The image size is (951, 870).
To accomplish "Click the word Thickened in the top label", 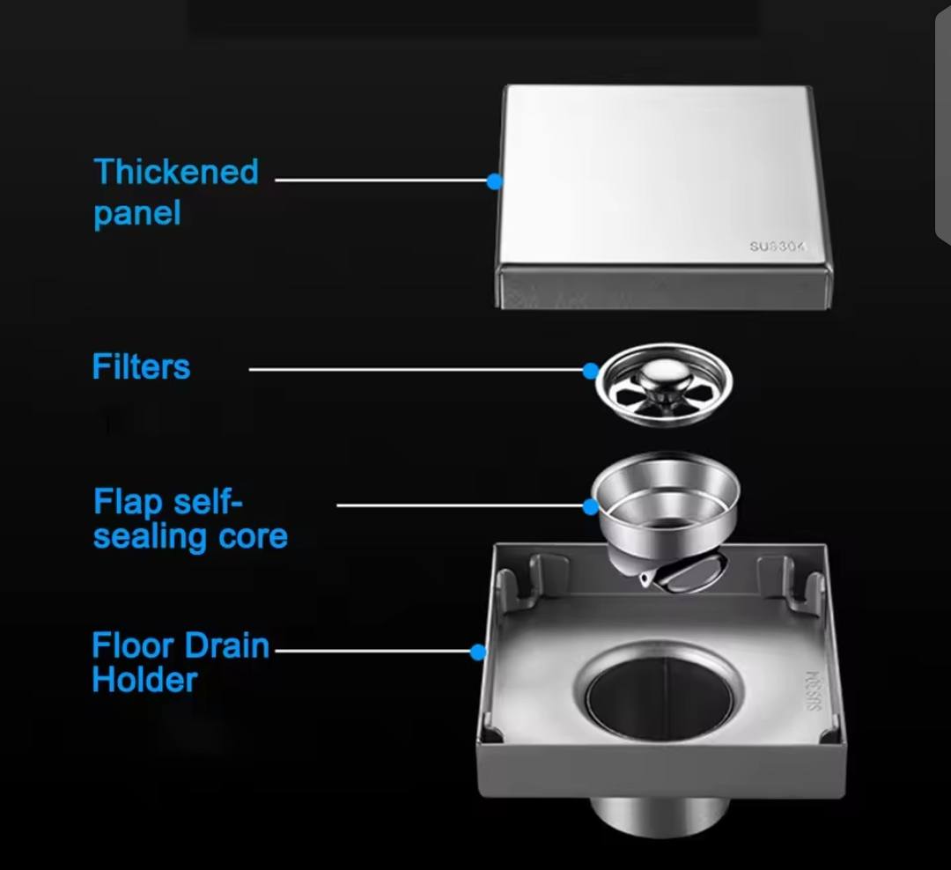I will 176,172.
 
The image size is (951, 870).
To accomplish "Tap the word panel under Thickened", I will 136,214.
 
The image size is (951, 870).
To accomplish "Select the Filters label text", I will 141,366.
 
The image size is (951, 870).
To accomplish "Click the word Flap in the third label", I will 128,503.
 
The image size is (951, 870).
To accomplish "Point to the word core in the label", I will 254,536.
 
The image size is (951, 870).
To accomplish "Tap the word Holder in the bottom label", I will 144,680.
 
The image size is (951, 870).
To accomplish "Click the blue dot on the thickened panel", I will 495,181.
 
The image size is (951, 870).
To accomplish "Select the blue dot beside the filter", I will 590,371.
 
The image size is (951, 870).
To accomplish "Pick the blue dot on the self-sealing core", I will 591,505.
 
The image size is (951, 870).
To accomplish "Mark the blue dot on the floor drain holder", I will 477,652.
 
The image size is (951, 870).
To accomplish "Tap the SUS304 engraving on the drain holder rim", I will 811,691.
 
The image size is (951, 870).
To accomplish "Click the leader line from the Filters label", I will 414,370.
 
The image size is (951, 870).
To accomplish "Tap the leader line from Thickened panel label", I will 383,181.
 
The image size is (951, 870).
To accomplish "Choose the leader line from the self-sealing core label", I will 458,505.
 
